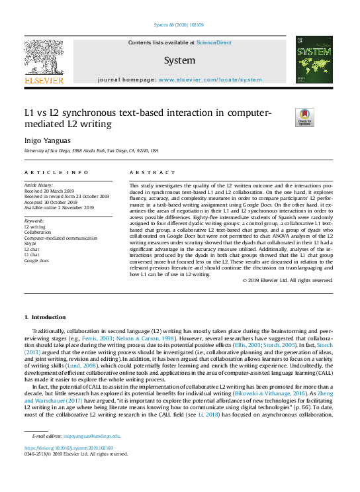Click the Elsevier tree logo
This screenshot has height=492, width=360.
(x=44, y=59)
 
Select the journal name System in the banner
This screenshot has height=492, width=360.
(x=180, y=60)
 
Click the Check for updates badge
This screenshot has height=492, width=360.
(x=304, y=117)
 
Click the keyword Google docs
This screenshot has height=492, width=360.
(x=36, y=261)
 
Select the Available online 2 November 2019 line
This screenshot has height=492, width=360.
(x=59, y=208)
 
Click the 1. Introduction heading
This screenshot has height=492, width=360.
(x=46, y=318)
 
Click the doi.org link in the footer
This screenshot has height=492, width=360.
(x=68, y=448)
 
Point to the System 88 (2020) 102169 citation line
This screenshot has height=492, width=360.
(x=179, y=25)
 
